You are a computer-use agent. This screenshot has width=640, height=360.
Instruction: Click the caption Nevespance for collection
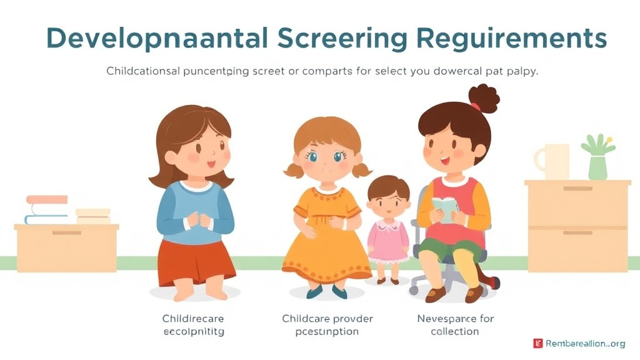click(455, 325)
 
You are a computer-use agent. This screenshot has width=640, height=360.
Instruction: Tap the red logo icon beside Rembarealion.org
click(537, 343)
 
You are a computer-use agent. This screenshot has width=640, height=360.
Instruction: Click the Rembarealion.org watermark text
click(585, 343)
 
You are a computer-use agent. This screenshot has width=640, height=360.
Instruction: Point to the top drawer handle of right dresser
click(577, 188)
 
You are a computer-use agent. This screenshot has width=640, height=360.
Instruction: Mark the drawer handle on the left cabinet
click(67, 232)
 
